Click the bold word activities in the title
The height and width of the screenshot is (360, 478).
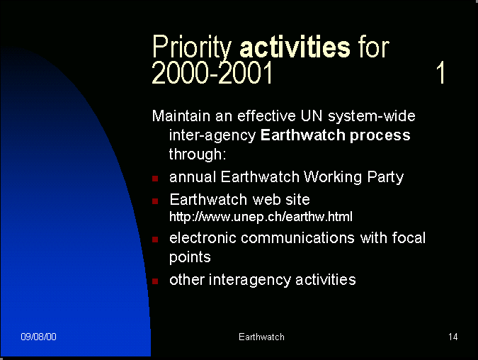(295, 47)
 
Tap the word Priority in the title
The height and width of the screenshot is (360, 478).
(192, 47)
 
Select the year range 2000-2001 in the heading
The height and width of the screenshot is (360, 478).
(212, 72)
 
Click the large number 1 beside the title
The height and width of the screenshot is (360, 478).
(440, 72)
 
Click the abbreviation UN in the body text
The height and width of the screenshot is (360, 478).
(312, 116)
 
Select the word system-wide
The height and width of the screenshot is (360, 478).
(372, 116)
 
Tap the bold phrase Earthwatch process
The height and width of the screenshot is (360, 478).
(336, 135)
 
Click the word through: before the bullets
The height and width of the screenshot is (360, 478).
(198, 154)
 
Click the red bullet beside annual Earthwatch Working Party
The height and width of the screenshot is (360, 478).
(155, 178)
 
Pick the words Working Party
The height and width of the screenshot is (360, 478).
(353, 177)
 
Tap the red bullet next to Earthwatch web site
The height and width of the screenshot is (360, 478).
(155, 201)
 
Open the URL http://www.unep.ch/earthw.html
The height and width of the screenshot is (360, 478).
(261, 217)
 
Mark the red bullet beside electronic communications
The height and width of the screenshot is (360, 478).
(155, 240)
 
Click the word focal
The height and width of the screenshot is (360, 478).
(409, 237)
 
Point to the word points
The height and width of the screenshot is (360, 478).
(190, 257)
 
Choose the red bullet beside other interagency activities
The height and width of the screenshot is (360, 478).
(155, 281)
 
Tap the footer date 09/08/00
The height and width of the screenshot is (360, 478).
(38, 337)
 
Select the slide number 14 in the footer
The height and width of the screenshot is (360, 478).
(453, 337)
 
